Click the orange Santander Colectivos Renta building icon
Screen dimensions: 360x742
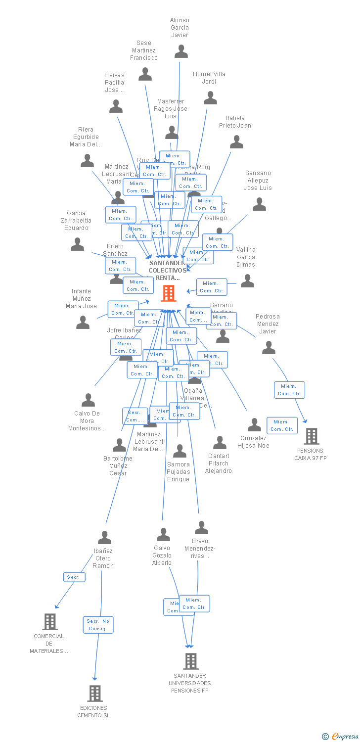click(169, 293)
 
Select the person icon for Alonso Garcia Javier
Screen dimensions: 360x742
click(181, 51)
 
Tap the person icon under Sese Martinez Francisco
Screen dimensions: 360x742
click(145, 74)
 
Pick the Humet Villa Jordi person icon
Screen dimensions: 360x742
click(210, 97)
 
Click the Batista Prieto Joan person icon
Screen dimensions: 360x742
click(236, 142)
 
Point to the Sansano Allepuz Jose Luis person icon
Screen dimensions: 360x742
click(259, 204)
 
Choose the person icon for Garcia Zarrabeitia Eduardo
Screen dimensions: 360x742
click(77, 244)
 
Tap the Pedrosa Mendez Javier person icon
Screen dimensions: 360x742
click(269, 348)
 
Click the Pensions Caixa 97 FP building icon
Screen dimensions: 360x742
click(312, 436)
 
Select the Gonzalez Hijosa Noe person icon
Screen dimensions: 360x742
click(254, 424)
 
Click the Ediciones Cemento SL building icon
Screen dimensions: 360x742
click(95, 693)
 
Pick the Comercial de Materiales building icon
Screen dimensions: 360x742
click(49, 622)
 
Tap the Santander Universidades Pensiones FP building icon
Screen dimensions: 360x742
click(191, 661)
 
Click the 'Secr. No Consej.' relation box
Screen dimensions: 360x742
click(98, 625)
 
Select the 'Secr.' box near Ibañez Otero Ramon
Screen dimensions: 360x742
click(74, 577)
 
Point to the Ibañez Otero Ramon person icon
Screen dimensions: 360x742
click(104, 537)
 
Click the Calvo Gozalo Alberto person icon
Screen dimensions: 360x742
click(163, 535)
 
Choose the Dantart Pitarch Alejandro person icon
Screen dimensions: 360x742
click(220, 443)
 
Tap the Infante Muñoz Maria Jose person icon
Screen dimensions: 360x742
click(83, 323)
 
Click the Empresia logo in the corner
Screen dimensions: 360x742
click(341, 737)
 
